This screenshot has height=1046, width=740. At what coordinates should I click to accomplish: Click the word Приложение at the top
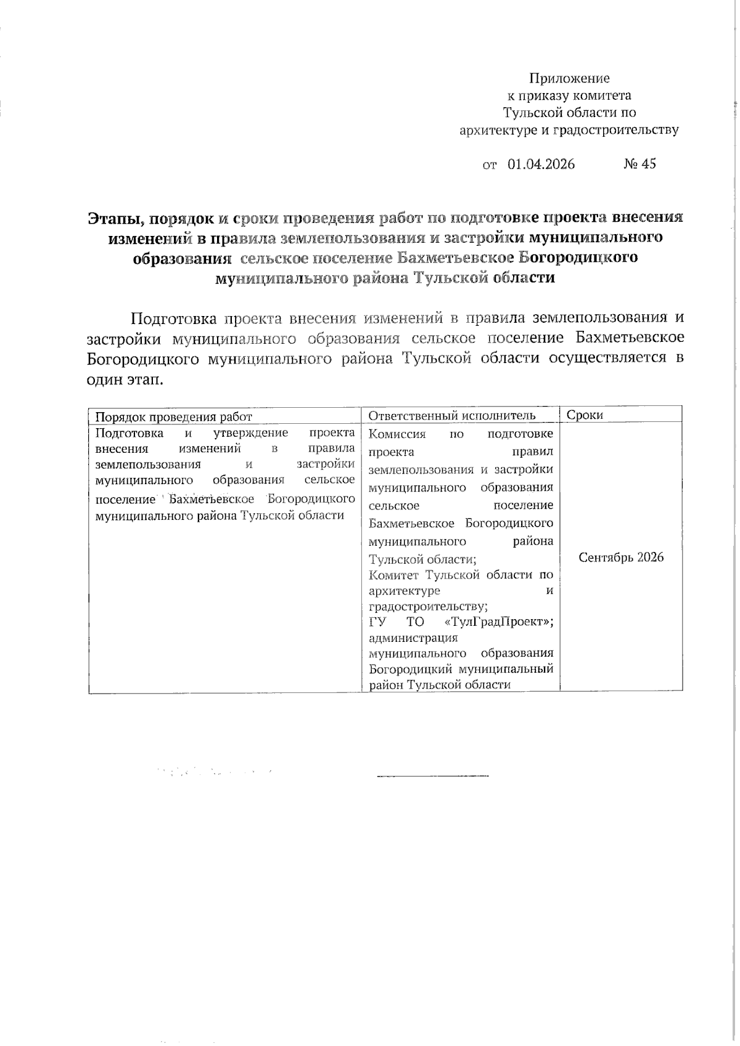569,78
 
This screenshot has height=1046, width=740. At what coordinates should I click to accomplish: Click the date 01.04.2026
541,164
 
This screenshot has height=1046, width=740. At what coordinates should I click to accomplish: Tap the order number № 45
639,164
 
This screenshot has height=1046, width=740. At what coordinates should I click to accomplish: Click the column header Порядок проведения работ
174,416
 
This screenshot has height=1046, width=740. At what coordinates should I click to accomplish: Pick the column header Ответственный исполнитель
452,416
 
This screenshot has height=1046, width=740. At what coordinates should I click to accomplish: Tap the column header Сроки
585,415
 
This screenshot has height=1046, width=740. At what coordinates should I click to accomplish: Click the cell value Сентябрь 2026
621,557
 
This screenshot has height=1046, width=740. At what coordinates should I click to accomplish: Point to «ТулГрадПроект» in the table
499,622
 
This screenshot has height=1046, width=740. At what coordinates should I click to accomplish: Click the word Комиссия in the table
397,434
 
